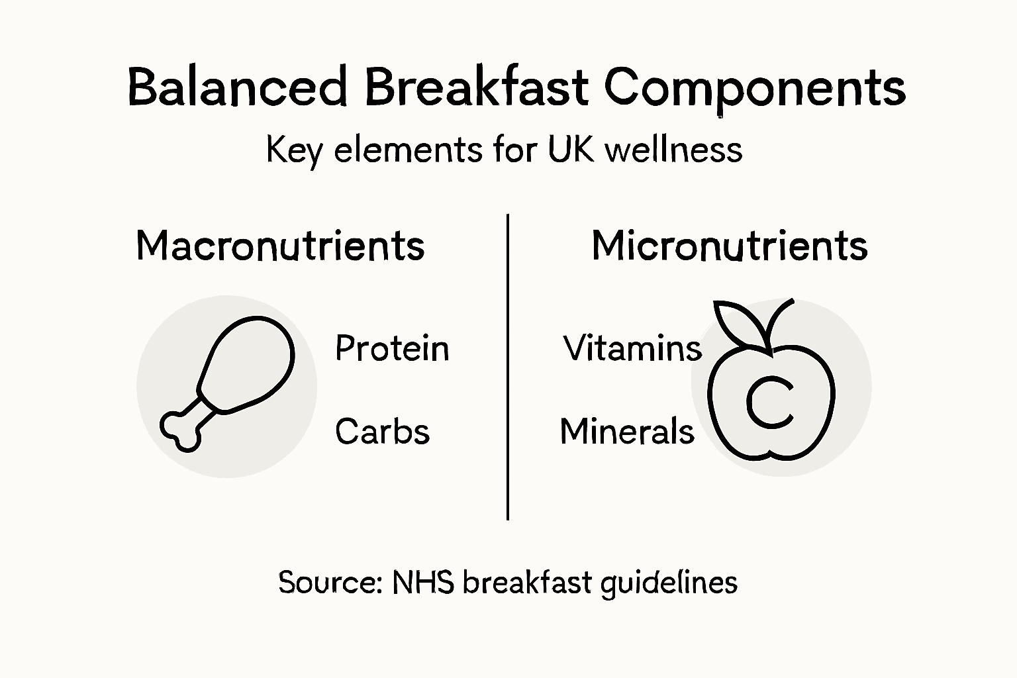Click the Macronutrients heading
[x=280, y=246]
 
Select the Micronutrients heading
[x=729, y=246]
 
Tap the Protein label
[x=392, y=348]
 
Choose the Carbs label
[x=382, y=432]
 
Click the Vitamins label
[x=632, y=348]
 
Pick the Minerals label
[x=627, y=432]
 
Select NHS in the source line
[x=422, y=583]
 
